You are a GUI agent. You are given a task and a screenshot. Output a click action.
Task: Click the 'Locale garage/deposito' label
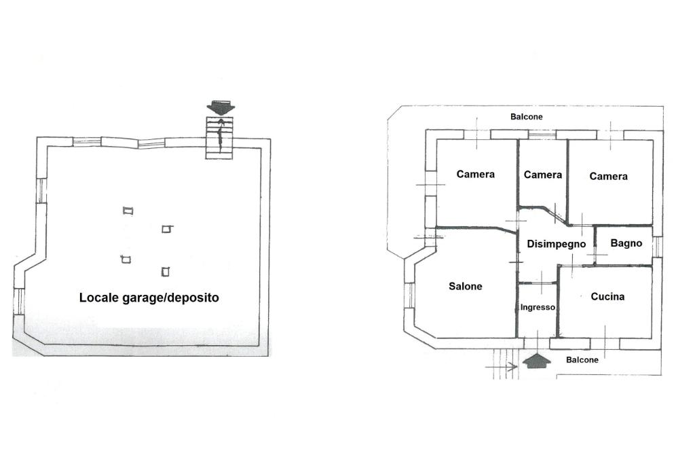point(149,298)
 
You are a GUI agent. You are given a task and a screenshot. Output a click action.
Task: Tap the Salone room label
point(466,286)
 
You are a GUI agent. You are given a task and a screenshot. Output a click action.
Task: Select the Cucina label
point(607,296)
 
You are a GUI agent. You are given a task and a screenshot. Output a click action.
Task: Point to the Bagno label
point(626,243)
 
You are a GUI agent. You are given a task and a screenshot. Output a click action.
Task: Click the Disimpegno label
point(556,244)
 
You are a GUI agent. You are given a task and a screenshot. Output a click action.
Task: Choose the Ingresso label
point(538,307)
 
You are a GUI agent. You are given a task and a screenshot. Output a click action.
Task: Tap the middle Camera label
point(543,175)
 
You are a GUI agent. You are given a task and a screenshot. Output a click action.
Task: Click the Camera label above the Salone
point(476,174)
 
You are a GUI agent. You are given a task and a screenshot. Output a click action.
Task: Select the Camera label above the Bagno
point(608,176)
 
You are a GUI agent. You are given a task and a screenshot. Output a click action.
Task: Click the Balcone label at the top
point(527,116)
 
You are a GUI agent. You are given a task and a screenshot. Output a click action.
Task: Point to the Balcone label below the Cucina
point(582,359)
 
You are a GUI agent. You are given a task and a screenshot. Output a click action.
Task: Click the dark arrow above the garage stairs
point(221,107)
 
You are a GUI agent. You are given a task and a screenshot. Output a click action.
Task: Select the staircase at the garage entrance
point(219,138)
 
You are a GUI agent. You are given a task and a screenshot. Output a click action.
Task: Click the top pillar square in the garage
point(128,211)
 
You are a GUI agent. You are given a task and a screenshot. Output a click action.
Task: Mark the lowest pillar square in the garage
point(165,272)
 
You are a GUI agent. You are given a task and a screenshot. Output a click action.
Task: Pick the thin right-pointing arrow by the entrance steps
point(502,367)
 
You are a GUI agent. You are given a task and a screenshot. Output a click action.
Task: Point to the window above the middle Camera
point(542,135)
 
